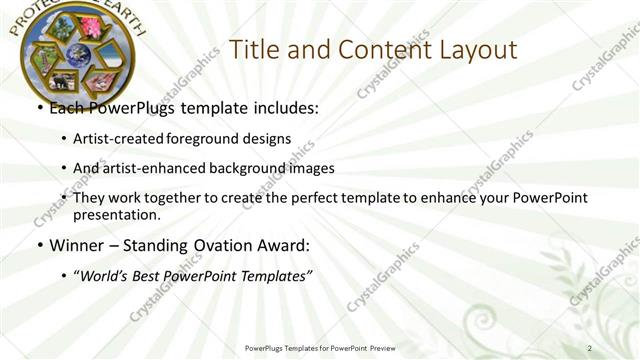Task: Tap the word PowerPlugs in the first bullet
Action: pos(129,109)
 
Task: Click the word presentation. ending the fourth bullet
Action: pos(116,214)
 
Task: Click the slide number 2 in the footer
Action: pos(589,348)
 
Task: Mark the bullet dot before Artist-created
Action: pos(65,139)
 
